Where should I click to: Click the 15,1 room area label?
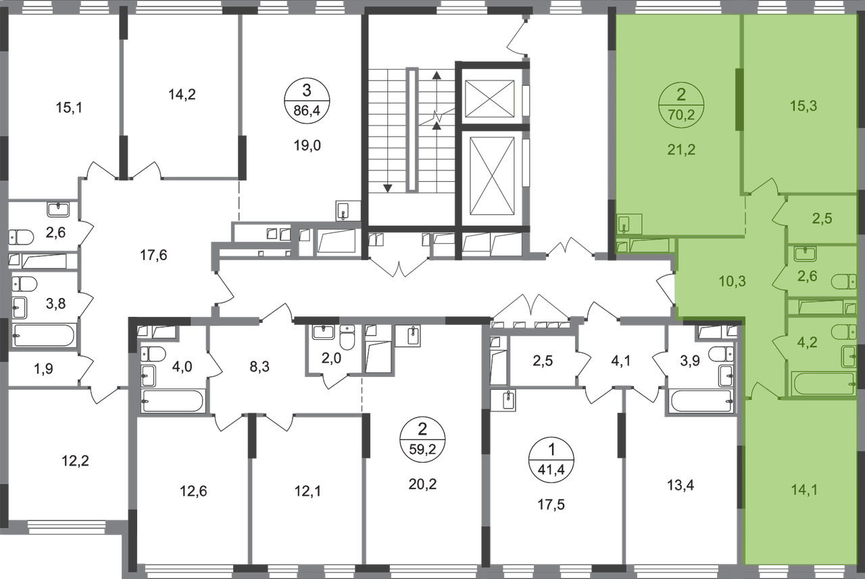pos(69,107)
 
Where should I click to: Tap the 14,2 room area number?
pos(182,94)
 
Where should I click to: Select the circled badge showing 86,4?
pos(307,101)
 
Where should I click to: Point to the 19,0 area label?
pos(307,146)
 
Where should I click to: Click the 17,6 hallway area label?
pos(153,255)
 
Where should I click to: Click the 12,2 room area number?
pos(75,461)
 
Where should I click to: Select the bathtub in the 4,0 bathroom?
pos(172,401)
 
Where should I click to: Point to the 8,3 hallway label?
pos(259,367)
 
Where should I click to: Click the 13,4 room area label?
pos(681,485)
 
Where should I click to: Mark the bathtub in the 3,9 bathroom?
pos(701,401)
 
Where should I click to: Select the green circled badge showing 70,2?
pos(681,105)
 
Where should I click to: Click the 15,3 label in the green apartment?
pos(804,106)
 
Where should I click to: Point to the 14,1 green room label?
pos(804,490)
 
